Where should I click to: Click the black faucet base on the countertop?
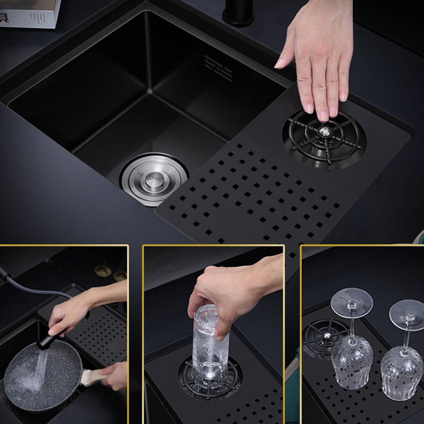click(238, 13)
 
